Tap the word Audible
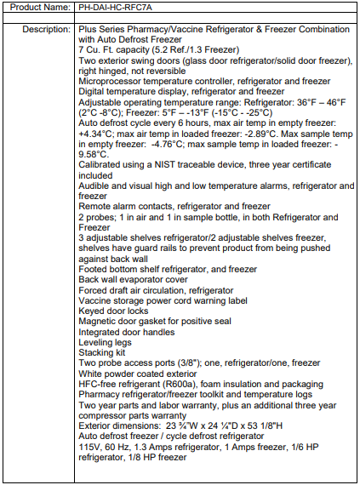click(97, 185)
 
